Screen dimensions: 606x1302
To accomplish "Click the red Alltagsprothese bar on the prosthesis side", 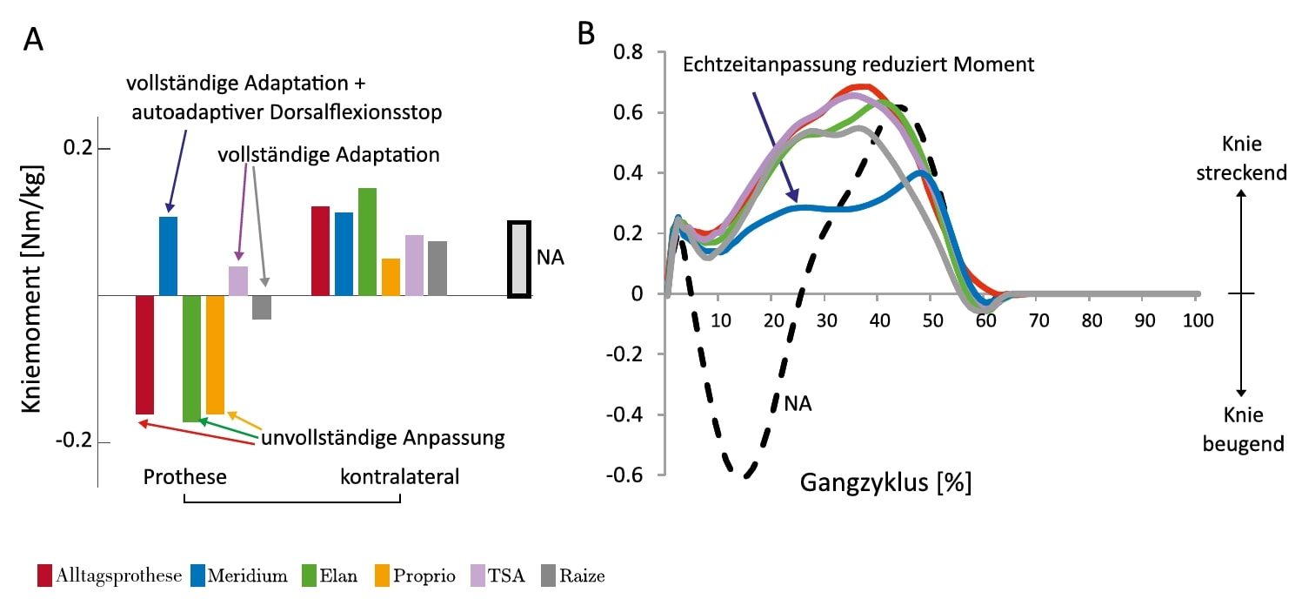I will (144, 354).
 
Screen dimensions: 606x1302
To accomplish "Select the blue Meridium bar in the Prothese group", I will (168, 256).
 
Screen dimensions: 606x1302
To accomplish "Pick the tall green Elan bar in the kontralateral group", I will (367, 241).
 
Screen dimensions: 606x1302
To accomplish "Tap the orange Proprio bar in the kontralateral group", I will (391, 277).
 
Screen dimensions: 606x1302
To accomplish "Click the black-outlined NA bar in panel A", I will (518, 259).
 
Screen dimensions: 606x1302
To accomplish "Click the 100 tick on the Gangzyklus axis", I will (1196, 320).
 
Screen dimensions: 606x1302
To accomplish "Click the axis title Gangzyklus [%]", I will (885, 481).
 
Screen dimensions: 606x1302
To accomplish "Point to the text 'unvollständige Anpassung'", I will (383, 438).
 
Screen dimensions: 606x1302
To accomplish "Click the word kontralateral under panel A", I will (399, 477).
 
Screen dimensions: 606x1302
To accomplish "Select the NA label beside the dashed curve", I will (798, 403).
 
